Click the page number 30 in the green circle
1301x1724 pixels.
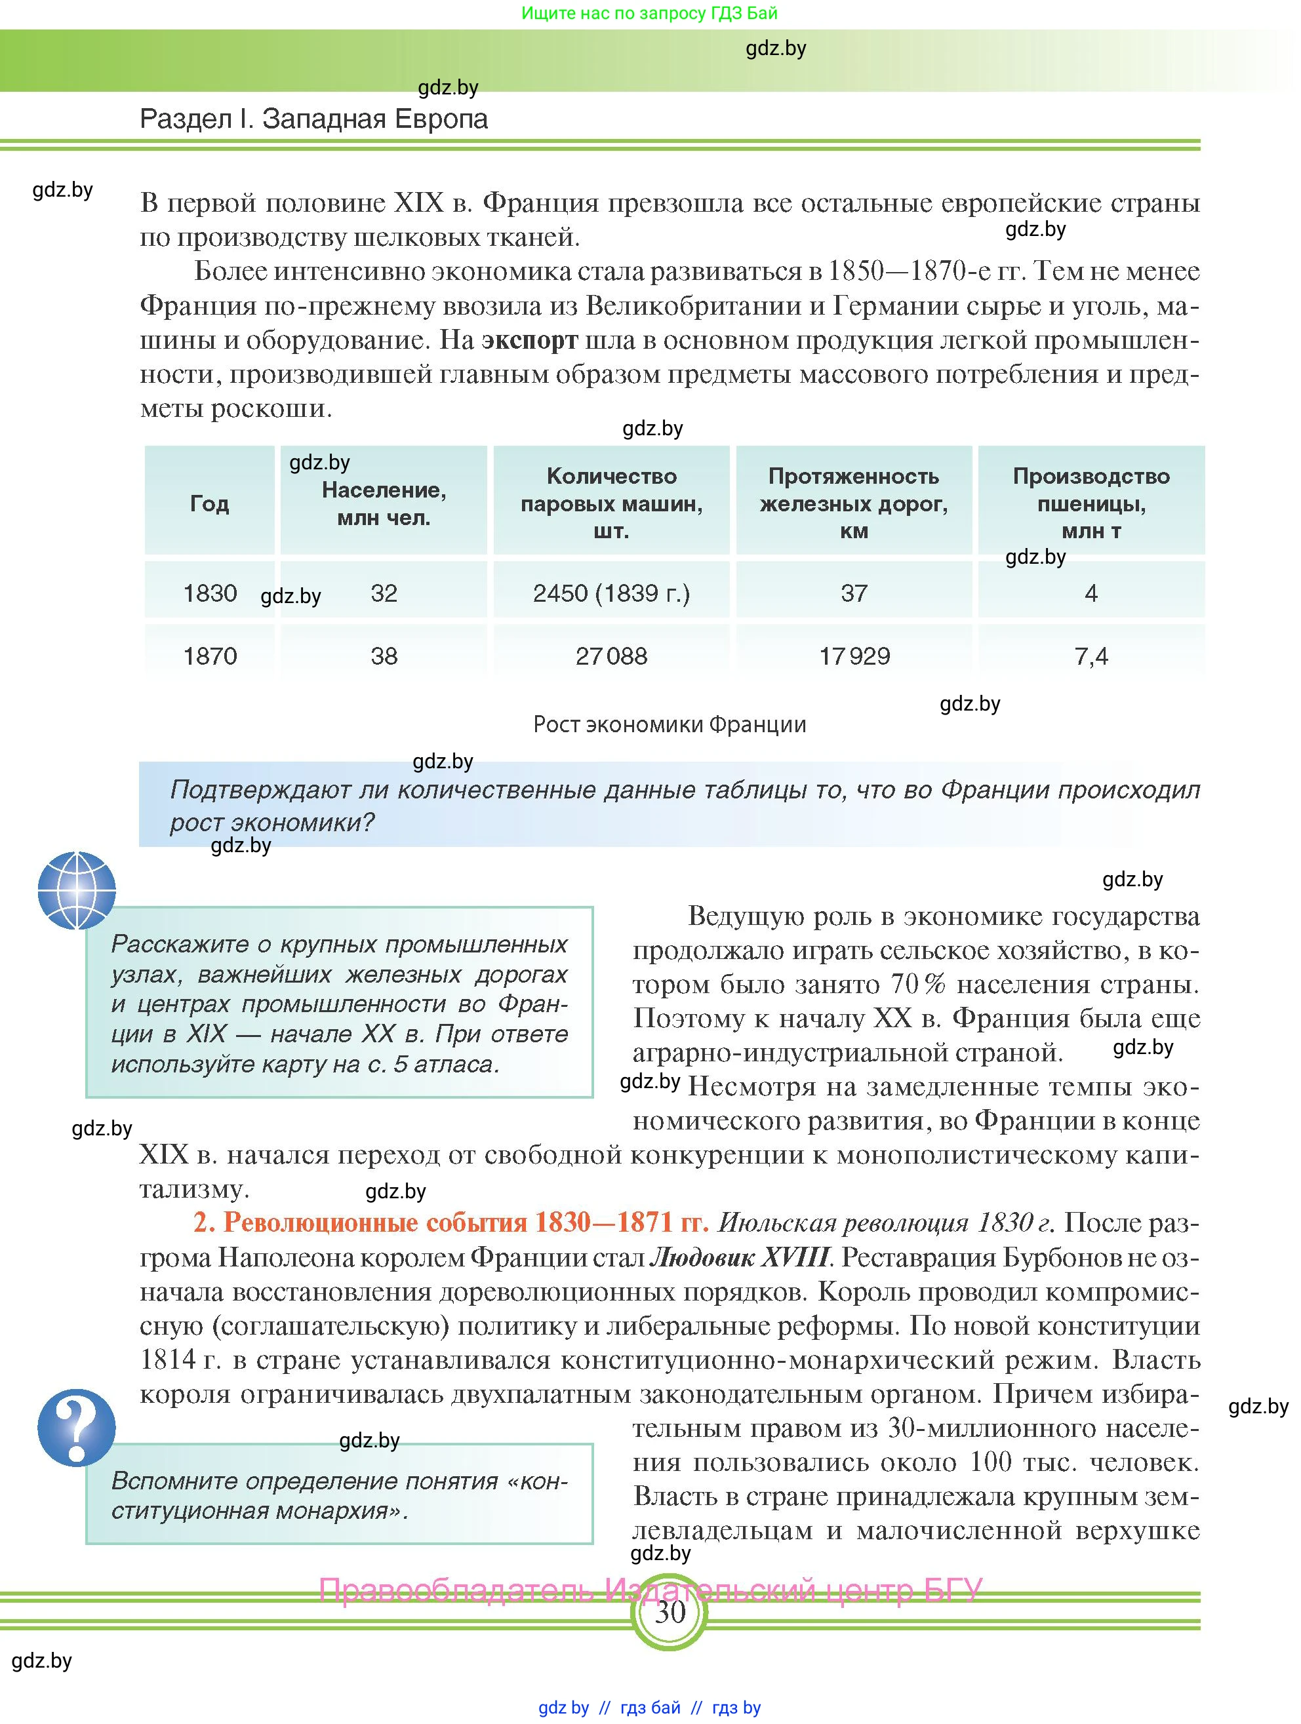[669, 1612]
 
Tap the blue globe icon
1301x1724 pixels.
[76, 890]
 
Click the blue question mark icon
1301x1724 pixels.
[76, 1427]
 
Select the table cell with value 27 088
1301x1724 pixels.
[611, 656]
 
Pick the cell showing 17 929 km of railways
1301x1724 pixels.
[854, 656]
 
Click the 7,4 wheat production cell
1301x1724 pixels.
[1091, 656]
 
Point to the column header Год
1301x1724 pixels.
[210, 503]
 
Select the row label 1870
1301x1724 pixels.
[210, 656]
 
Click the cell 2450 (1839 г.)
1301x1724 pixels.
[611, 593]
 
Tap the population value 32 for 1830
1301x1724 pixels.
[384, 593]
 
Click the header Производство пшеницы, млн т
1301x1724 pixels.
[1091, 503]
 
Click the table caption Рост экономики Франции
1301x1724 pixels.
[669, 724]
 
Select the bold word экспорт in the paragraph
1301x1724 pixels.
[529, 340]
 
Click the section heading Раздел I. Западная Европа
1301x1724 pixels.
[313, 119]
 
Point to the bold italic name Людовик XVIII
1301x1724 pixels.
[738, 1257]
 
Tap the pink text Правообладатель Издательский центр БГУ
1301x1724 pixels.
[650, 1589]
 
